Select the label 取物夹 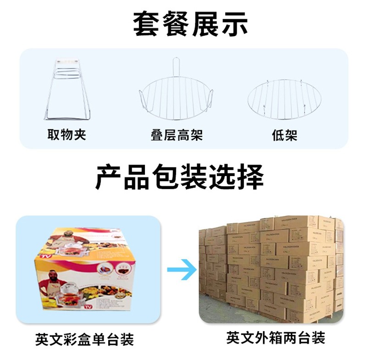coord(67,135)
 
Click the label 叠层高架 coord(176,135)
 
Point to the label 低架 coord(284,135)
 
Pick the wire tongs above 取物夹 coord(66,89)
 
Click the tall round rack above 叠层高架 coord(176,94)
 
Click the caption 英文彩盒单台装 coord(84,340)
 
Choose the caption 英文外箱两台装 coord(275,338)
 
